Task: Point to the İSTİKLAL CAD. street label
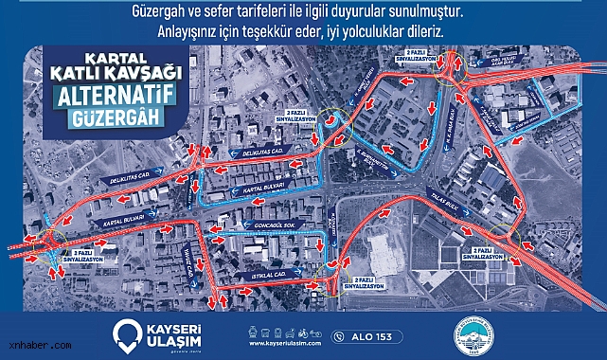[x=265, y=273]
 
